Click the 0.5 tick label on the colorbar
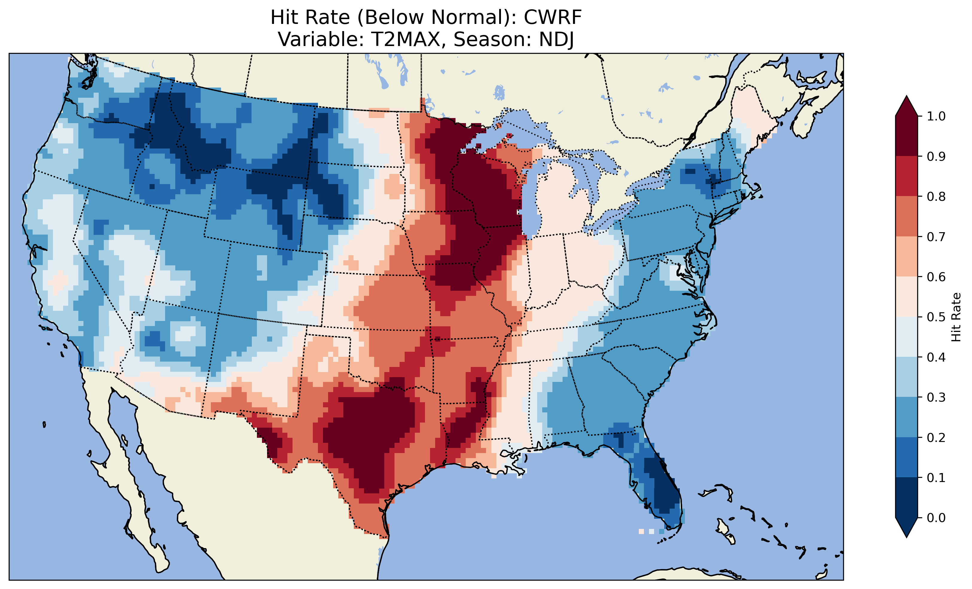(936, 317)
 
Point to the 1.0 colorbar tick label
(936, 116)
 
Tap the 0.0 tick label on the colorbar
(936, 518)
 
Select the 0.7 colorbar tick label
(936, 237)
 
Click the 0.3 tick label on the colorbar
(936, 397)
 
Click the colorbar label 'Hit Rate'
(956, 317)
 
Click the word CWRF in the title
(552, 17)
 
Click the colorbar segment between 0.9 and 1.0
(907, 136)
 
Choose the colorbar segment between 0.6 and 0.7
(907, 256)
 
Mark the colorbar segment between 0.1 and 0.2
(907, 457)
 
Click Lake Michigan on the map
(531, 205)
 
